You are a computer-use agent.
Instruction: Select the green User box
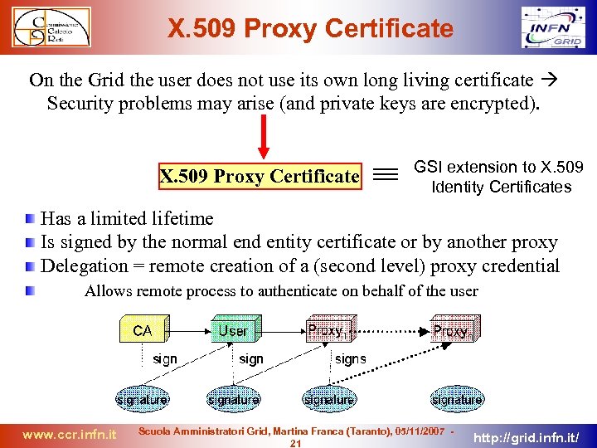point(235,330)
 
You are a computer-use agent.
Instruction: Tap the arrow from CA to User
point(188,330)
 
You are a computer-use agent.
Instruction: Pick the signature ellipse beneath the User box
point(233,399)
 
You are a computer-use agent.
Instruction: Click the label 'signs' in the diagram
point(350,359)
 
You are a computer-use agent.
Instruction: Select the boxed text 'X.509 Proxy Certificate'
point(260,176)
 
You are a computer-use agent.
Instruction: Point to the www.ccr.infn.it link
point(69,434)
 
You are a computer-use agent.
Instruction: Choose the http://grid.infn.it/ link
point(531,434)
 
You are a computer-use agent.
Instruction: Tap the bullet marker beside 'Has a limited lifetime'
point(30,219)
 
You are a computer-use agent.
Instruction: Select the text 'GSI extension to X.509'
point(498,168)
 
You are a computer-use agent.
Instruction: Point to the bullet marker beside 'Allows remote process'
point(30,291)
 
